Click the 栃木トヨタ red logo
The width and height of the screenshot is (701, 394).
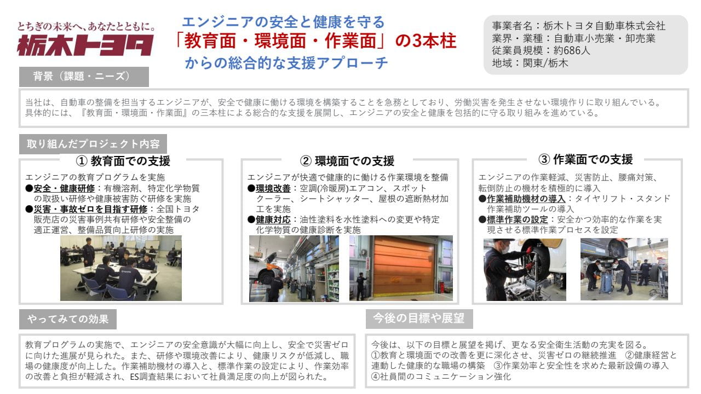click(x=85, y=45)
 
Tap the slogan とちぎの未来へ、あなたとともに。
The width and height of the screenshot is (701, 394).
click(x=86, y=26)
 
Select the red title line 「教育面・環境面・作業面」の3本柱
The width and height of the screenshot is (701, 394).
click(x=317, y=41)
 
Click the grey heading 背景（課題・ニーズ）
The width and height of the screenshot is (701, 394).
click(x=84, y=77)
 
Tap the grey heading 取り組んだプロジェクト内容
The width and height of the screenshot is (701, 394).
click(x=93, y=144)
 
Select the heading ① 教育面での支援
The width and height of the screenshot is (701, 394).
click(x=123, y=161)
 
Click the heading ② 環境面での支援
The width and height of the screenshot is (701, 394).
click(x=347, y=161)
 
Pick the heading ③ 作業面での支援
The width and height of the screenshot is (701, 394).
click(x=585, y=159)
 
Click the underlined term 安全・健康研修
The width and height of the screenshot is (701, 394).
click(x=64, y=188)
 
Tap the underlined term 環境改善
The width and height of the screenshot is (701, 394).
click(x=273, y=188)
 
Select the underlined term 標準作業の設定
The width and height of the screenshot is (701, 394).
click(x=518, y=219)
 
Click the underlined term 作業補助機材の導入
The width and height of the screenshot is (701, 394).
click(x=526, y=199)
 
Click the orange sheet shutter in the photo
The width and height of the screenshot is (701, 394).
click(x=404, y=266)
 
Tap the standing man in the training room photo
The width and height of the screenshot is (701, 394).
click(x=89, y=252)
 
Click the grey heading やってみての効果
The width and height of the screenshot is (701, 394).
click(x=68, y=319)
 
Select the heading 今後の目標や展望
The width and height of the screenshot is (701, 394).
click(x=419, y=318)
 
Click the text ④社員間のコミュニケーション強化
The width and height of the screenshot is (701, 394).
click(x=441, y=376)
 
